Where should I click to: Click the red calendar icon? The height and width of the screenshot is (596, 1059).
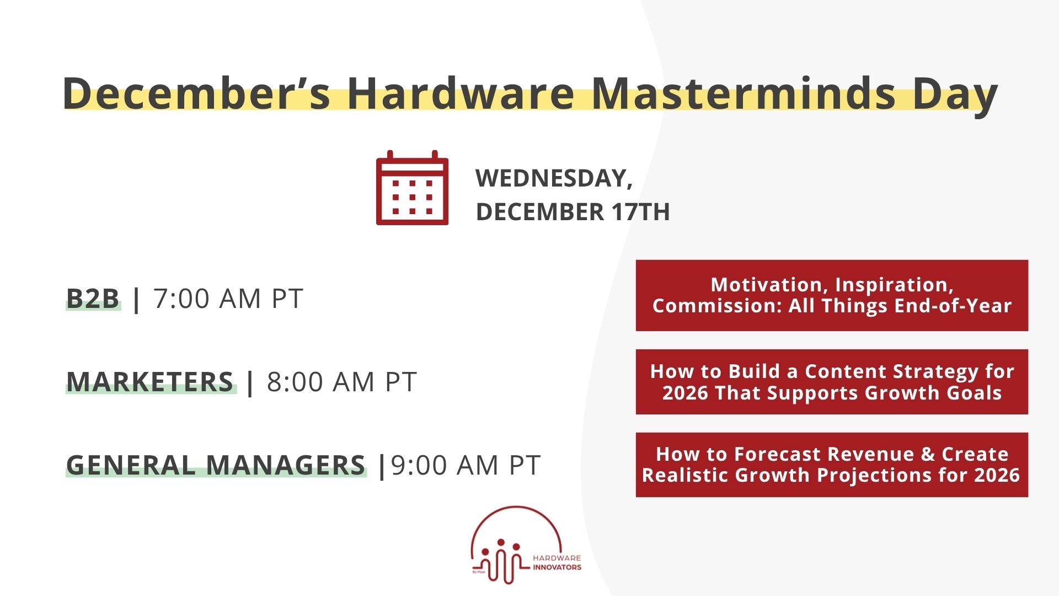[412, 188]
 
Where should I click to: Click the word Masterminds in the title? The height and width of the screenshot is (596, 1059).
[744, 94]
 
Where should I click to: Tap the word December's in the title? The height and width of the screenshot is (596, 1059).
[196, 94]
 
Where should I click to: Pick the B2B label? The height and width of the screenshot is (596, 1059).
[93, 299]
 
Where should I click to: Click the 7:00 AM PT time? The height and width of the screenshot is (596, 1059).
[228, 299]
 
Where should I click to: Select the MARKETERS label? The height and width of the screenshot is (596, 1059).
[150, 382]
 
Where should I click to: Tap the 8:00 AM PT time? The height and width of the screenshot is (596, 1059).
[342, 382]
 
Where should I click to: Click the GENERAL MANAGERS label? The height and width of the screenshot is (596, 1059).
[216, 465]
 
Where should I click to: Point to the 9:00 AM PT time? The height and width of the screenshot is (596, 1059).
[466, 465]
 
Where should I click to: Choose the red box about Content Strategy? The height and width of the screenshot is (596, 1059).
[831, 382]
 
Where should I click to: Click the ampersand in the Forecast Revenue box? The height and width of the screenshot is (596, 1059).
[928, 454]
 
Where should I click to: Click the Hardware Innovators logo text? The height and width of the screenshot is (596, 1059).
[557, 563]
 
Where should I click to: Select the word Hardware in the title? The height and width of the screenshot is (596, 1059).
[461, 94]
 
